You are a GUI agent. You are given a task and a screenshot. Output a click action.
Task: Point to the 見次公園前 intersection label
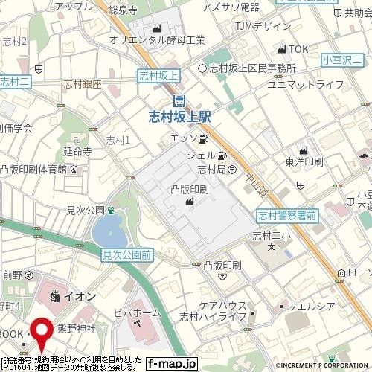pos(126,254)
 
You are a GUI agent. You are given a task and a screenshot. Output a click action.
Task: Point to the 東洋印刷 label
pos(304,161)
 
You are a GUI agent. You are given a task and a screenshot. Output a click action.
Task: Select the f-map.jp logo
pos(171,364)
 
